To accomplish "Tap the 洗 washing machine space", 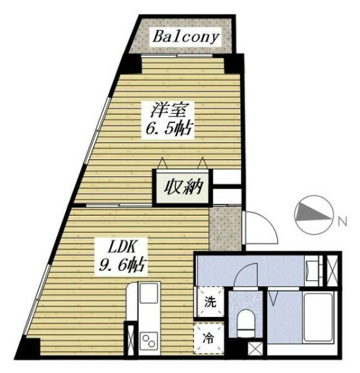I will [208, 305].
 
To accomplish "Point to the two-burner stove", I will [149, 341].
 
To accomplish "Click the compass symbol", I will [309, 215].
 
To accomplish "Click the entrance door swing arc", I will [260, 227].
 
